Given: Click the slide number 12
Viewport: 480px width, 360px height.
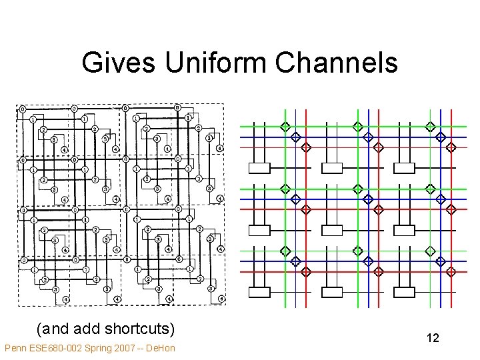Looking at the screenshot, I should pos(433,339).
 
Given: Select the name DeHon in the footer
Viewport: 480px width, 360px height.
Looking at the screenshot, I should pos(161,348).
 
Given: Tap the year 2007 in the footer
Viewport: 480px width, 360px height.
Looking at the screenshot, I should pos(124,348).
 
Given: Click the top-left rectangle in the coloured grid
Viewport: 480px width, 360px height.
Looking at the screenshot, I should pos(259,169).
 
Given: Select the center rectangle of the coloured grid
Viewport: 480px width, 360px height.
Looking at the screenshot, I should pos(332,231).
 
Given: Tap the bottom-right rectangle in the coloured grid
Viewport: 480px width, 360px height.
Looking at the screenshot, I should pos(405,292).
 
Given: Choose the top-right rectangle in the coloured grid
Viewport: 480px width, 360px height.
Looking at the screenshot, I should pos(405,169).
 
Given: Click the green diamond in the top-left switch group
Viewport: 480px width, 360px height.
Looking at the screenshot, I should pos(285,127).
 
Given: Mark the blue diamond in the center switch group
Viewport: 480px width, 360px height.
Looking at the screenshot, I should pos(368,199).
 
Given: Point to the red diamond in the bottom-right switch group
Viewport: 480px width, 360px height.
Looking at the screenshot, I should pos(451,271).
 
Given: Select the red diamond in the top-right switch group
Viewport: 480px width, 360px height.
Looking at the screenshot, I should pos(451,147).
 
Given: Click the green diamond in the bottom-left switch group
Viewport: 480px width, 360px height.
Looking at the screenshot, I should pos(285,251).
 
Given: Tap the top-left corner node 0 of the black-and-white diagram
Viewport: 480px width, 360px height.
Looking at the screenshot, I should pos(22,109).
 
